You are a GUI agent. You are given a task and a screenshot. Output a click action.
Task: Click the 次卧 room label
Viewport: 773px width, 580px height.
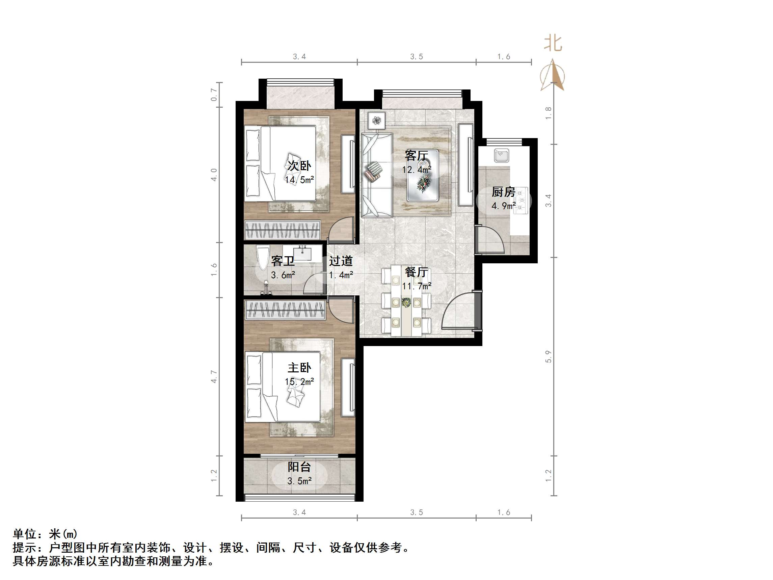tap(299, 166)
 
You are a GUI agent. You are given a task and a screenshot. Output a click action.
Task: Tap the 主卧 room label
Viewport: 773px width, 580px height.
tap(299, 367)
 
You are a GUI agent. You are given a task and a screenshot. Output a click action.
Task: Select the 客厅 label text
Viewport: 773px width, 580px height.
tap(416, 156)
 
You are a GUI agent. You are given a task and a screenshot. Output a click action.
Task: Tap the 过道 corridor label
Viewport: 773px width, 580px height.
tap(341, 261)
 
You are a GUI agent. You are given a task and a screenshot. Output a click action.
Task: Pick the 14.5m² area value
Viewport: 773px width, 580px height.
tap(299, 180)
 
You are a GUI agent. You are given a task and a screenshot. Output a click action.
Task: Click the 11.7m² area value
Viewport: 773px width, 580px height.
tap(416, 286)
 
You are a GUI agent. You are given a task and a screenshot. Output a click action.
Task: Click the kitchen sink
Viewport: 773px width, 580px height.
tap(502, 155)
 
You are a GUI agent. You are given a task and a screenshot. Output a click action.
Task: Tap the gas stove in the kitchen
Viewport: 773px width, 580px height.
tap(521, 200)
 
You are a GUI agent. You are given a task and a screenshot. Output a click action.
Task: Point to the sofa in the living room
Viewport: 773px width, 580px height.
tap(376, 175)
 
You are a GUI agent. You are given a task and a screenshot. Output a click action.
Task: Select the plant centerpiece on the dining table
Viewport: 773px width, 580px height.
tap(406, 302)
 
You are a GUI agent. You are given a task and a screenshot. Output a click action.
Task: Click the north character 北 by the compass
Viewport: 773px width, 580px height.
tap(553, 44)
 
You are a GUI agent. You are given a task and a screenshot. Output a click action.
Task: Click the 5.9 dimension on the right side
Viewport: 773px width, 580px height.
tap(548, 356)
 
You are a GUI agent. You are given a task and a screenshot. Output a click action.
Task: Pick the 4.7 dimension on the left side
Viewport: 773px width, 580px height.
tap(214, 376)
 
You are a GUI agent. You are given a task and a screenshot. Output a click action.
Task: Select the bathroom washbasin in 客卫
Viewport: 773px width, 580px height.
tap(303, 253)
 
